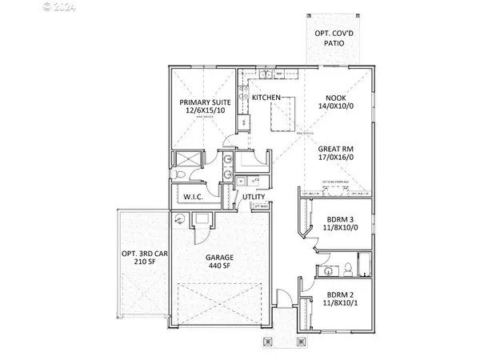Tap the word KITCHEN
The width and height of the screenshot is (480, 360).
266,98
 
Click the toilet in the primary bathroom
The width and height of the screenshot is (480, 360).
180,174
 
